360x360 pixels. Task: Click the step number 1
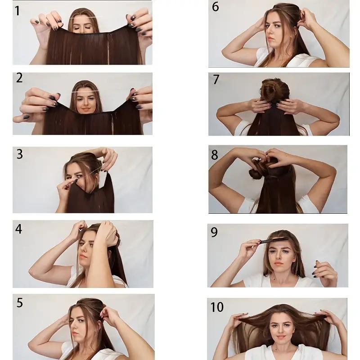click(18, 11)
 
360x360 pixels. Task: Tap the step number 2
click(19, 78)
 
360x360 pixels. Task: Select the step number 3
click(20, 154)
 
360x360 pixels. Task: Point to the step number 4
click(18, 229)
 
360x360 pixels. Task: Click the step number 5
click(20, 303)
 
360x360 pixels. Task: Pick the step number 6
click(216, 7)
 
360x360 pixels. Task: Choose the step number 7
click(216, 80)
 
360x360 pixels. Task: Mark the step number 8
click(215, 155)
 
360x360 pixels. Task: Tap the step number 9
click(214, 232)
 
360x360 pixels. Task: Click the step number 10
click(217, 307)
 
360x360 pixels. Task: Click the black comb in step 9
click(274, 241)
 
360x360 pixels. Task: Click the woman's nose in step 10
click(281, 330)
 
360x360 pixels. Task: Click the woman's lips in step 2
click(85, 108)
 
